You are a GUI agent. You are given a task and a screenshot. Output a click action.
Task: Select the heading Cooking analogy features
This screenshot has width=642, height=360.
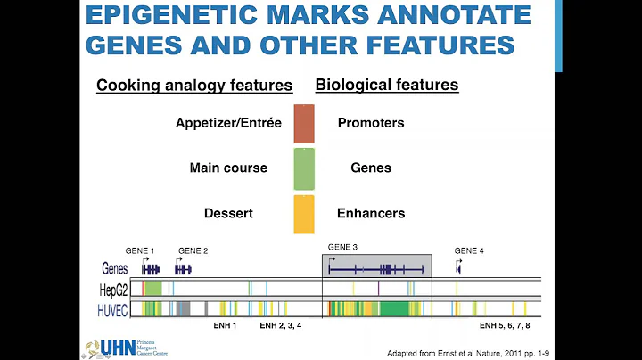(194, 86)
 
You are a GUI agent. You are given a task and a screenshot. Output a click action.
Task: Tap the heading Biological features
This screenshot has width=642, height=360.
(387, 86)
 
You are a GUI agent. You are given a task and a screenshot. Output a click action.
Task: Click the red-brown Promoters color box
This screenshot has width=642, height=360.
(304, 124)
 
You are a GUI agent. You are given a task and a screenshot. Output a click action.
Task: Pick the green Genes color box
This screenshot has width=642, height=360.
(304, 168)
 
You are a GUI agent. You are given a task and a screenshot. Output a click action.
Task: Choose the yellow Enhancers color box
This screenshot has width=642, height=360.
(304, 214)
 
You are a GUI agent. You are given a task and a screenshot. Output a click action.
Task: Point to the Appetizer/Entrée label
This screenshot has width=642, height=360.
(228, 123)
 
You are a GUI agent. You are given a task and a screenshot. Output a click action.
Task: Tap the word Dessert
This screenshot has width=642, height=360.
(227, 213)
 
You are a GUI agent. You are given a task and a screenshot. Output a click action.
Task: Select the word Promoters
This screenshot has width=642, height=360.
(371, 123)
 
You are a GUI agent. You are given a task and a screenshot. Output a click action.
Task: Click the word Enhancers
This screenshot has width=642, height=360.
(371, 213)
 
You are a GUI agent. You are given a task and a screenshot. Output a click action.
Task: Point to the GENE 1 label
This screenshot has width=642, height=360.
(140, 251)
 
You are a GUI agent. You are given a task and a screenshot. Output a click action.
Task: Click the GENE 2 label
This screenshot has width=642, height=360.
(193, 251)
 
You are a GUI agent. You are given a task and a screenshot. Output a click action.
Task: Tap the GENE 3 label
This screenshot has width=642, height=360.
(342, 247)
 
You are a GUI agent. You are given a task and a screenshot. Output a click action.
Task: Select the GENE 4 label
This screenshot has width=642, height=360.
(469, 251)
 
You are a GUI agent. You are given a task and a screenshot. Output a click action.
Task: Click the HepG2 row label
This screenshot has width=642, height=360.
(114, 289)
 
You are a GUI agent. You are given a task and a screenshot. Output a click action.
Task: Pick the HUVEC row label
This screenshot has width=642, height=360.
(114, 308)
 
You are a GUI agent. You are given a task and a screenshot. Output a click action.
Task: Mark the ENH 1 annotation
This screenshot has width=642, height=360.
(225, 326)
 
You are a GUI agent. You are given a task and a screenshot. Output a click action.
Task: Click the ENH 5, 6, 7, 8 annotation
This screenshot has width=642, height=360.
(505, 326)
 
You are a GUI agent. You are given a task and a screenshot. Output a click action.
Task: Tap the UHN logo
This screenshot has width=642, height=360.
(116, 347)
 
